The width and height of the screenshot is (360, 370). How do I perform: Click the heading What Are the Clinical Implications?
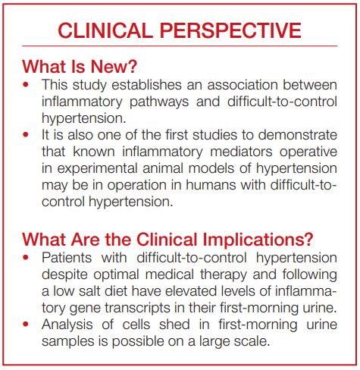tap(167, 239)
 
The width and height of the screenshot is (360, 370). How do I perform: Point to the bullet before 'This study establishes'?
tap(28, 84)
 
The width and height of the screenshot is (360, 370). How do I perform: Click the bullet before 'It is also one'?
tap(28, 134)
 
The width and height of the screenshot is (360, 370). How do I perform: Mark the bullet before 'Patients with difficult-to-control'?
tap(28, 259)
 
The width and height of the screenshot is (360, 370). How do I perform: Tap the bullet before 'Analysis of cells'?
tap(28, 325)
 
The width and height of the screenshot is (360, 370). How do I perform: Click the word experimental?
tap(95, 168)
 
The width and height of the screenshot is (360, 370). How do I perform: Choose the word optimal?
tap(104, 275)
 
